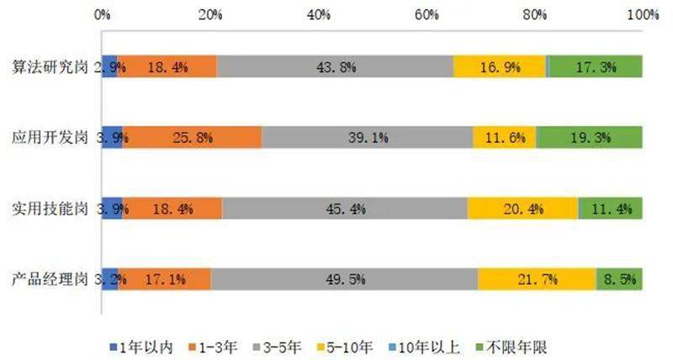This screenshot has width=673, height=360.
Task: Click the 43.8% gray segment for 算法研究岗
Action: [335, 66]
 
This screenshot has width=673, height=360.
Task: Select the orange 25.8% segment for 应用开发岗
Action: [193, 137]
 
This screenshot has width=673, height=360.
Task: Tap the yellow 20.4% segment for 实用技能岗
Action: [522, 209]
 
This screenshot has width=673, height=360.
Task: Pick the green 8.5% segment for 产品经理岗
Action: [619, 279]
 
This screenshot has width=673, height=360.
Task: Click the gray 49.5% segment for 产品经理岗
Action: [344, 279]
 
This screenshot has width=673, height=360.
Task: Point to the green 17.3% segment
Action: [596, 66]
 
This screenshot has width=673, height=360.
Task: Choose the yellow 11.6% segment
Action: [505, 137]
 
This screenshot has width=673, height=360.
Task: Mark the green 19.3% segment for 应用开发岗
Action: [590, 137]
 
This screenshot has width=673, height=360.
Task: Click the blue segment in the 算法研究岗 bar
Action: [109, 66]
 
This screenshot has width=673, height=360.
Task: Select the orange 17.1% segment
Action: [165, 279]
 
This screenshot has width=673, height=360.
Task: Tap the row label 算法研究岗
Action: [50, 67]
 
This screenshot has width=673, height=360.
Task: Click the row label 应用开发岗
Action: [50, 138]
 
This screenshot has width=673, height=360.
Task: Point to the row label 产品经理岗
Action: [50, 280]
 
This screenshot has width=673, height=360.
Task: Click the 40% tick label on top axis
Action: [318, 15]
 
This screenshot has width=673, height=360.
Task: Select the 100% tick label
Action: [643, 15]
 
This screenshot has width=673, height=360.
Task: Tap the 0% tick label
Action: [102, 15]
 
